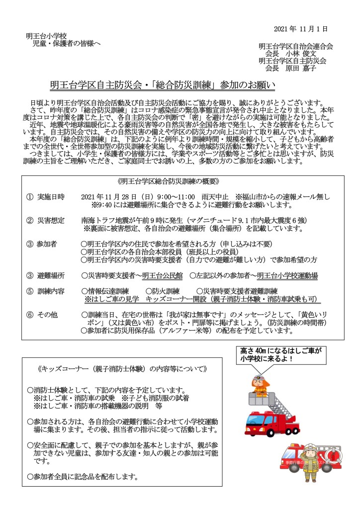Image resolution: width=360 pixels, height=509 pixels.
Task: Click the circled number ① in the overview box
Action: [30, 197]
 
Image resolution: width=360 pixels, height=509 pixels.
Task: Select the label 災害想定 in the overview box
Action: [51, 220]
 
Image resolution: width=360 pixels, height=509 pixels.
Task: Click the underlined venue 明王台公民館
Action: [162, 275]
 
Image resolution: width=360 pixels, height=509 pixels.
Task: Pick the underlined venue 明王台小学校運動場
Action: [287, 275]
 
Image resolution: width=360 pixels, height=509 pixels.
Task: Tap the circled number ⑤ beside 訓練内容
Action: [30, 291]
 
